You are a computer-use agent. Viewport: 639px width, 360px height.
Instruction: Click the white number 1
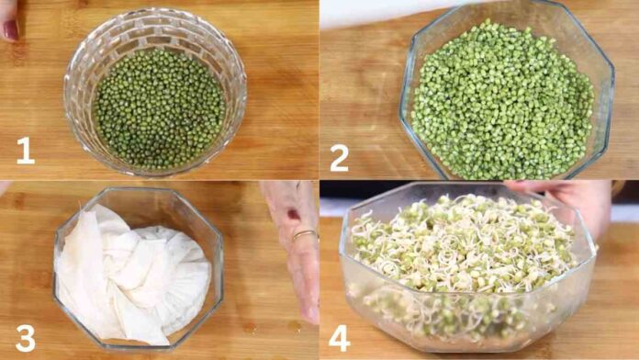[x=26, y=150]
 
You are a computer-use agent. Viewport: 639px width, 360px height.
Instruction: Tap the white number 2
[x=339, y=158]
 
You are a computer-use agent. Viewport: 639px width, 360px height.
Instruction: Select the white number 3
[x=26, y=338]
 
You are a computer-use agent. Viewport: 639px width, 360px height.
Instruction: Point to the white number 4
[x=339, y=338]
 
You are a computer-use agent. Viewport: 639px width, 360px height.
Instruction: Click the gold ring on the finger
[x=305, y=234]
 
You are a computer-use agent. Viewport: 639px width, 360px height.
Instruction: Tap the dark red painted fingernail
[x=11, y=29]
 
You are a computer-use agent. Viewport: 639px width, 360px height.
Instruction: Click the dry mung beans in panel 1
[x=160, y=108]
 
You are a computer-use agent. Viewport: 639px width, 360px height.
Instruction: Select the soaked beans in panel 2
[x=502, y=101]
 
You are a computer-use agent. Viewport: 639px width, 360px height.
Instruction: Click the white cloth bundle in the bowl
[x=131, y=273]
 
